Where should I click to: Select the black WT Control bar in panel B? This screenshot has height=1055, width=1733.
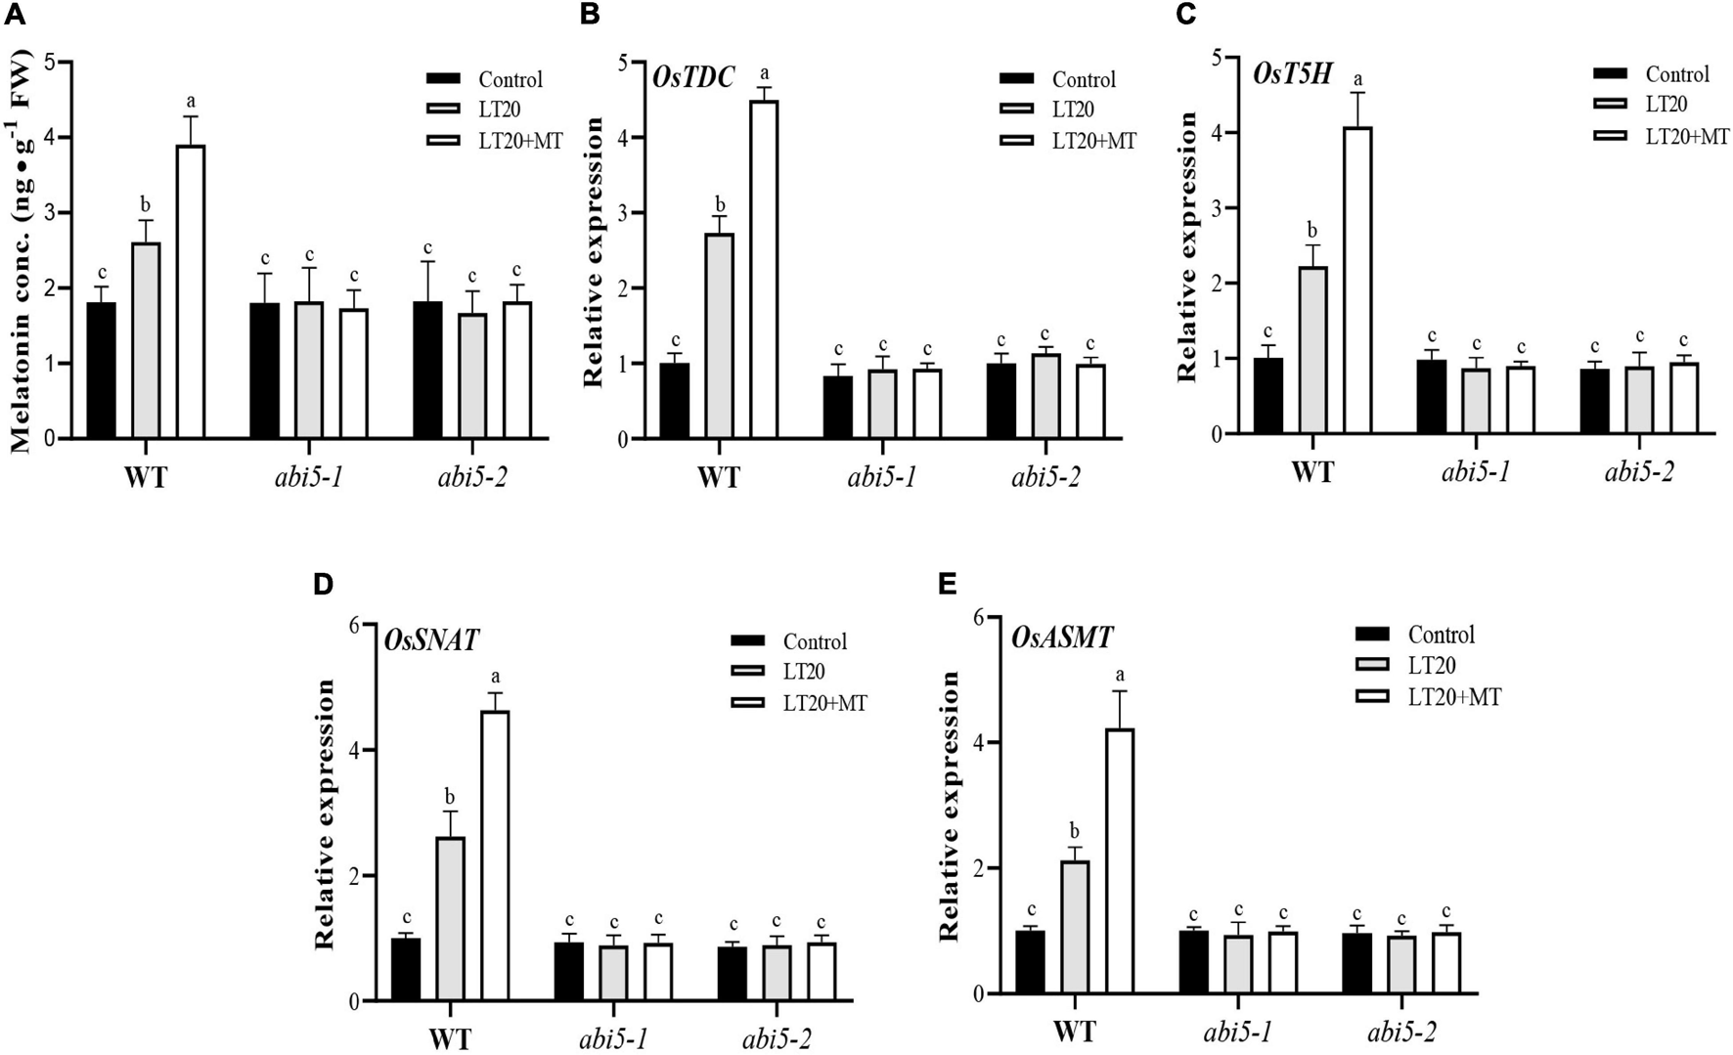[675, 401]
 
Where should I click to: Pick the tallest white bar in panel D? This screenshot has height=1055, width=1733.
[494, 856]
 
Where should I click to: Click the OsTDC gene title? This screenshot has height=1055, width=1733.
[693, 77]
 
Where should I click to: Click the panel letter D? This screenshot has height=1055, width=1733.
[323, 585]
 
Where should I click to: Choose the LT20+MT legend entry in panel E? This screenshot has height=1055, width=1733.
[1453, 697]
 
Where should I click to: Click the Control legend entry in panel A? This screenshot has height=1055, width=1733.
[510, 79]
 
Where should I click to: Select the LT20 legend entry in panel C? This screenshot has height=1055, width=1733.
[1666, 105]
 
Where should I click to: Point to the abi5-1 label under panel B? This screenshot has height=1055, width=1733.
[882, 478]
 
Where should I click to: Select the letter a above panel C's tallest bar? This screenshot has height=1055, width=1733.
[1357, 78]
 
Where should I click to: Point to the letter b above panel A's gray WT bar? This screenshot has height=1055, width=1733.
[146, 205]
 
